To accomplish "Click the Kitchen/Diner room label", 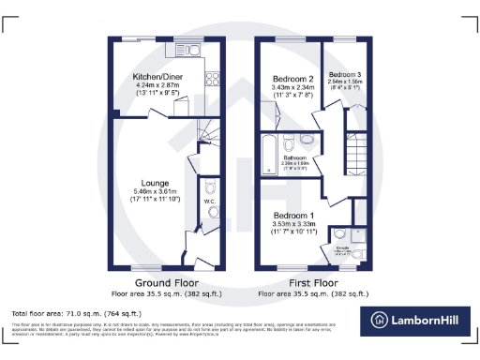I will point(152,77).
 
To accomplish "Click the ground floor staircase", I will point(208,131).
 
